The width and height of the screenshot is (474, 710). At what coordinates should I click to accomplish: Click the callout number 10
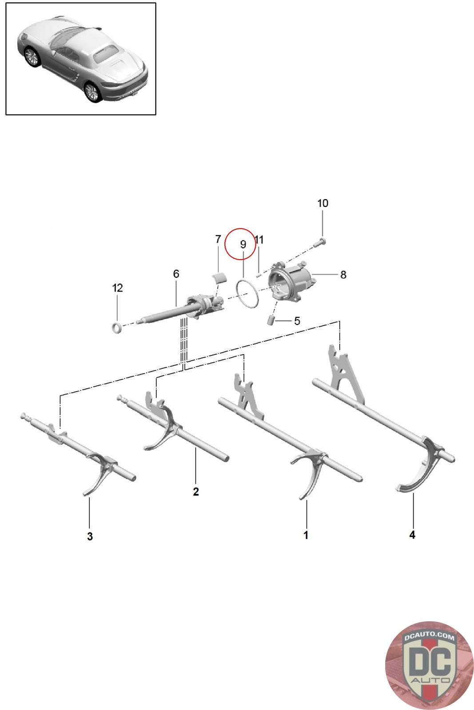pyautogui.click(x=323, y=203)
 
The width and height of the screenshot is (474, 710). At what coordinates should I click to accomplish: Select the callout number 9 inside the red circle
pyautogui.click(x=243, y=245)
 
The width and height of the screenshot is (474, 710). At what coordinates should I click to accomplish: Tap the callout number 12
pyautogui.click(x=117, y=288)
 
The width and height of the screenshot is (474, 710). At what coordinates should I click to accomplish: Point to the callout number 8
pyautogui.click(x=343, y=275)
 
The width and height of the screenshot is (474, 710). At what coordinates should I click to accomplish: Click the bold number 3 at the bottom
pyautogui.click(x=90, y=536)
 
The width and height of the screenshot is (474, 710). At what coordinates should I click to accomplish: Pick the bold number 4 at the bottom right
pyautogui.click(x=412, y=535)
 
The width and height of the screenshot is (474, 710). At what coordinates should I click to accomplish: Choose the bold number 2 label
pyautogui.click(x=196, y=491)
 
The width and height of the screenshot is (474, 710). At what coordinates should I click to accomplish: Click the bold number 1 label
pyautogui.click(x=306, y=535)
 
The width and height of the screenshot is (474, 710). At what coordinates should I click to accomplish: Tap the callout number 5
pyautogui.click(x=297, y=321)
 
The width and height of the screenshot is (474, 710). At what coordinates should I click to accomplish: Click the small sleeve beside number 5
pyautogui.click(x=271, y=320)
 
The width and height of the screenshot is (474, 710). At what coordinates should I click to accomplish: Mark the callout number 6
pyautogui.click(x=176, y=273)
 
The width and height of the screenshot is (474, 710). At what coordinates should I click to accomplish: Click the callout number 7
pyautogui.click(x=218, y=239)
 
